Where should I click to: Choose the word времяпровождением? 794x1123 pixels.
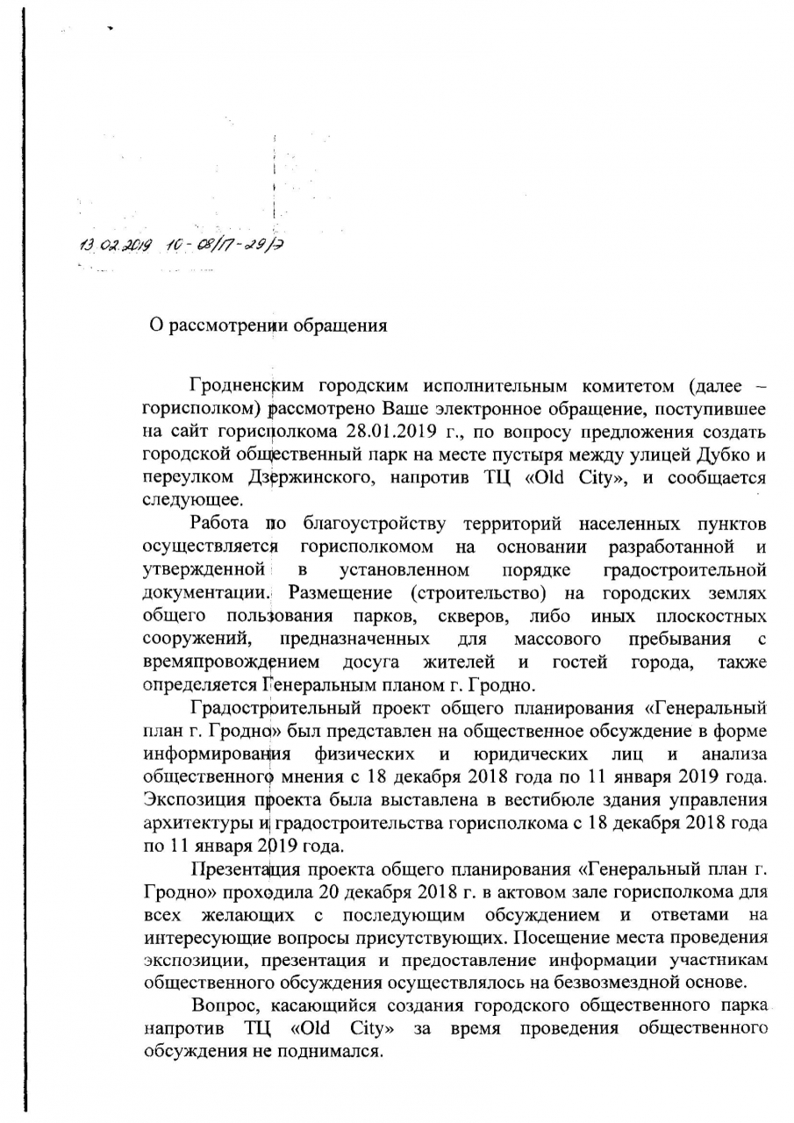(x=231, y=662)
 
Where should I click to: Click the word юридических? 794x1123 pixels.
(x=529, y=754)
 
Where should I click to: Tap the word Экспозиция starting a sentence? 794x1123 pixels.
(x=192, y=800)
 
